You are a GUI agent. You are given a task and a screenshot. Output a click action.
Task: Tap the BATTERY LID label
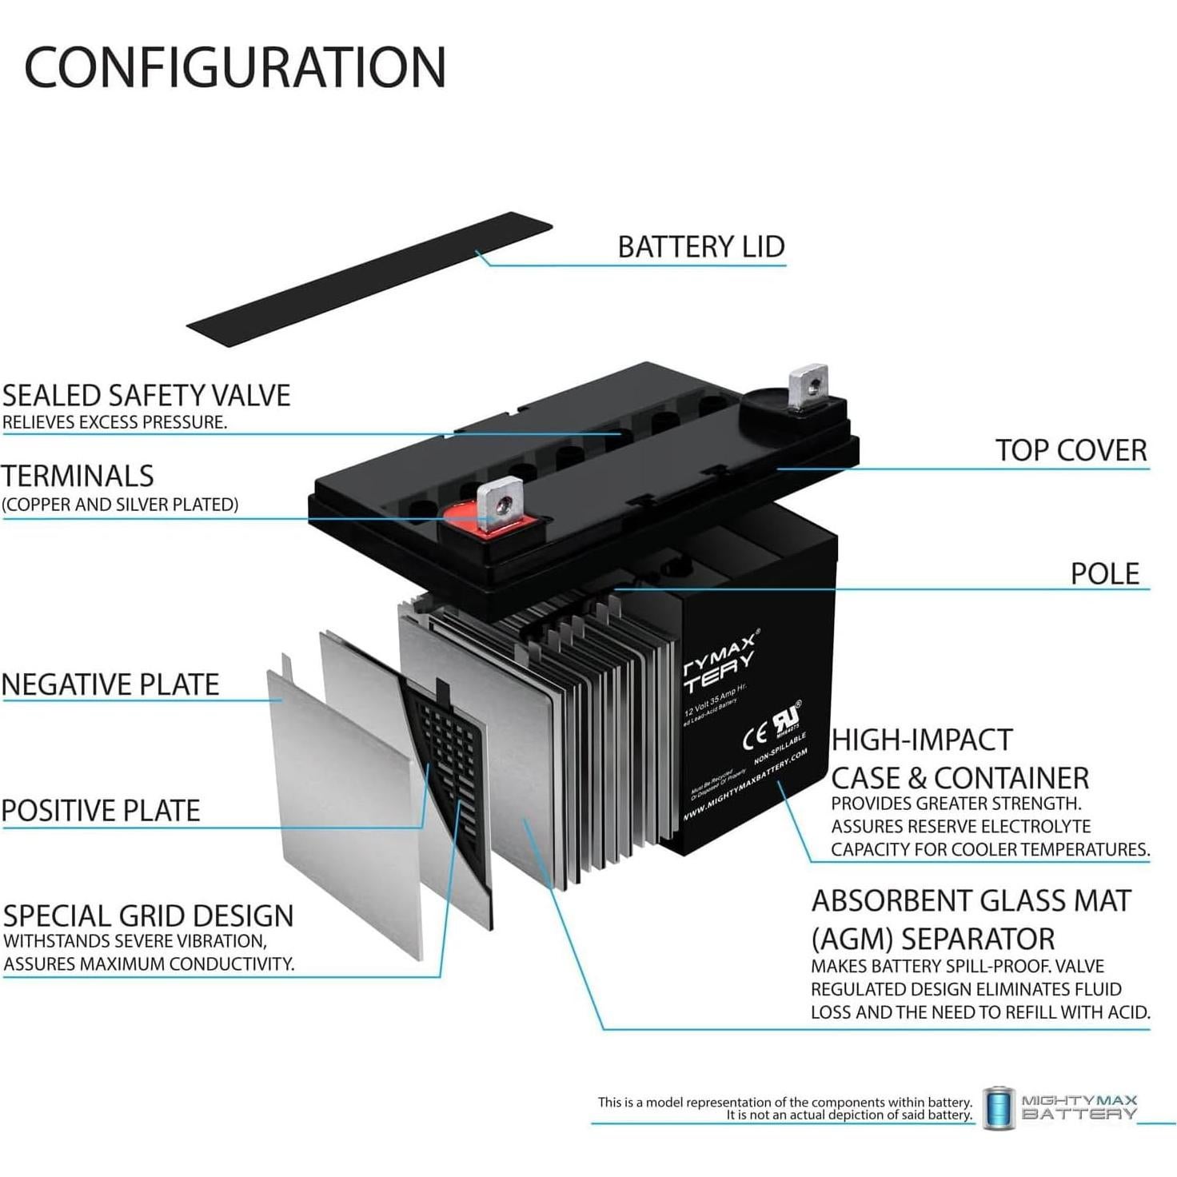pyautogui.click(x=701, y=247)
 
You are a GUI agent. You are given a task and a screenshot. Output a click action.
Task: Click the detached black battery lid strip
pyautogui.click(x=369, y=279)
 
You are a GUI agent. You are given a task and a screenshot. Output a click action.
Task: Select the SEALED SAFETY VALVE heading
pyautogui.click(x=146, y=396)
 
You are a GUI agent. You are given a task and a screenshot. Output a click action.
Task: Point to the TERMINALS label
pyautogui.click(x=78, y=477)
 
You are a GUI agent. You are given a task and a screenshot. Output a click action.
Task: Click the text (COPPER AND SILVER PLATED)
pyautogui.click(x=120, y=505)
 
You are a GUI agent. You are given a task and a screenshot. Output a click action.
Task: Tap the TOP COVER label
pyautogui.click(x=1071, y=451)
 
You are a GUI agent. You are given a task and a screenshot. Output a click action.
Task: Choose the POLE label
pyautogui.click(x=1104, y=574)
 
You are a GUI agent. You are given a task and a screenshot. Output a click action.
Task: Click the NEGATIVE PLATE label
pyautogui.click(x=110, y=685)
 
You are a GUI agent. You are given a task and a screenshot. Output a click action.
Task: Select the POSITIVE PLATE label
pyautogui.click(x=101, y=811)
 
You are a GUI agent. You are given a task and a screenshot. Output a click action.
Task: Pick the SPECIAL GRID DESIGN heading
pyautogui.click(x=149, y=916)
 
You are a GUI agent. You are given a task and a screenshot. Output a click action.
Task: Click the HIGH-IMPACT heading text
pyautogui.click(x=922, y=740)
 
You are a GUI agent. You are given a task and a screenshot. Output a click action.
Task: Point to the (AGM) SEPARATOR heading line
pyautogui.click(x=932, y=939)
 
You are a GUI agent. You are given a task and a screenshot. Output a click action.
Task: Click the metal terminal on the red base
pyautogui.click(x=501, y=504)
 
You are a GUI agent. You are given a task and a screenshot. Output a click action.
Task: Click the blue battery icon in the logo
pyautogui.click(x=998, y=1108)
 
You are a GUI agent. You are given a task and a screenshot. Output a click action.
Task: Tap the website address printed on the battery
pyautogui.click(x=745, y=784)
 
